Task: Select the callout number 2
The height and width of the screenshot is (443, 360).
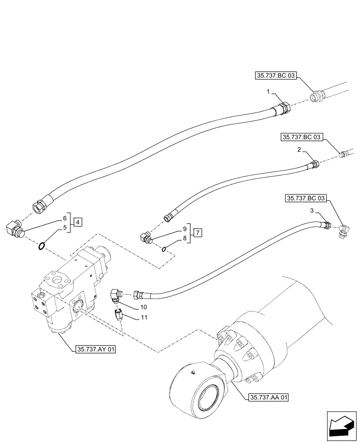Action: coord(300,151)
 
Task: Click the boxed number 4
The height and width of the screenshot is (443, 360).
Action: coord(77,222)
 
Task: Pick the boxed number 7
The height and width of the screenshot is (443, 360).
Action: coord(198,232)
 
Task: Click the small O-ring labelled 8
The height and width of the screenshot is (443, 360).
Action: coord(164,249)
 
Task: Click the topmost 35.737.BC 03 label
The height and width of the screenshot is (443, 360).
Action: coord(275,76)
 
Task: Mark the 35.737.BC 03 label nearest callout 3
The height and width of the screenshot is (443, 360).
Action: coord(306,199)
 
